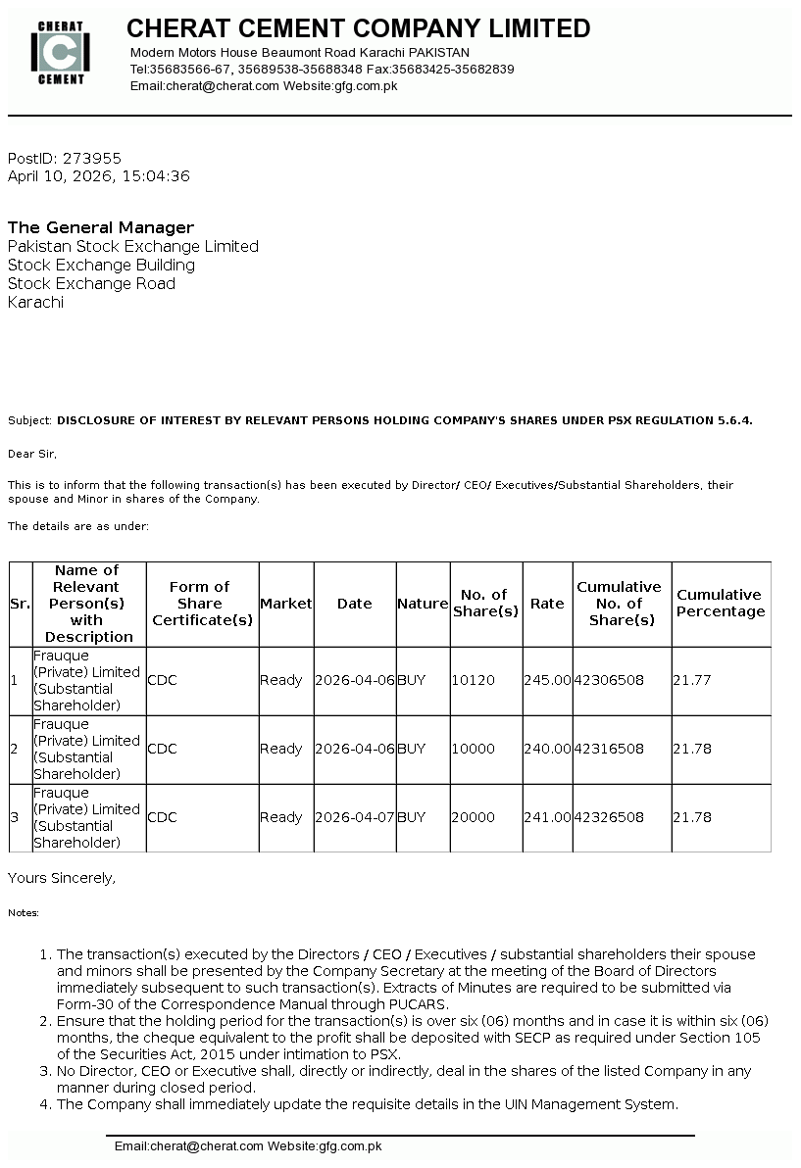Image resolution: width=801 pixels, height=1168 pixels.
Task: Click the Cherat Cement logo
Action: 61,52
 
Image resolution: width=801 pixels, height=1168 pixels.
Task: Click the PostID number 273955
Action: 92,158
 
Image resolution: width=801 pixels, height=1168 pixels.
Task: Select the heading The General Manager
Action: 101,227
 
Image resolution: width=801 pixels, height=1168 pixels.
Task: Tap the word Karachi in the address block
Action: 35,302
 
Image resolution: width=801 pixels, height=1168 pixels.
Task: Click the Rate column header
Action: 547,604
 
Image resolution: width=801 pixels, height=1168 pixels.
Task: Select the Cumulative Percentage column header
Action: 721,604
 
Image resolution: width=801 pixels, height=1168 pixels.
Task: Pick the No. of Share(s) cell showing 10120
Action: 473,680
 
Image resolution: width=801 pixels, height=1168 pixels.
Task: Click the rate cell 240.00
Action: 547,749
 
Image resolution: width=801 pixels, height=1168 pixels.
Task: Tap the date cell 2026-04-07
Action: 355,817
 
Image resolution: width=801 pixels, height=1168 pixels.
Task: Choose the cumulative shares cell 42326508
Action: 609,817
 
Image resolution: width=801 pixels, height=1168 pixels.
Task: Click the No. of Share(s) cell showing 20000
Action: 473,817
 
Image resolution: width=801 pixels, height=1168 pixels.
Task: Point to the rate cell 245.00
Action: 547,680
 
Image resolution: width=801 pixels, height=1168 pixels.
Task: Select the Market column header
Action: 285,604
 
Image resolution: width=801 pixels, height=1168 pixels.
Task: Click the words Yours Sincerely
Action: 61,878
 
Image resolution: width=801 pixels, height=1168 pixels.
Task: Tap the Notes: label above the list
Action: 24,913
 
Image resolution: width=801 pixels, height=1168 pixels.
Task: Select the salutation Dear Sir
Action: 32,454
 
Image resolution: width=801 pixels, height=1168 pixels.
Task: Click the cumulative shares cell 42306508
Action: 609,680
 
